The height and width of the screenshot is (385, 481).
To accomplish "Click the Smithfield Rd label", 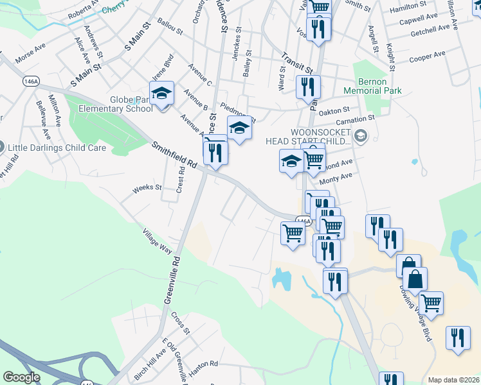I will (176, 156).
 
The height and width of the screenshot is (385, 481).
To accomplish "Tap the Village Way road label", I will (158, 248).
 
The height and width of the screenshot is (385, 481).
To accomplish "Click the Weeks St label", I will (147, 188).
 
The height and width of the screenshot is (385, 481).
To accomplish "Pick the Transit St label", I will (300, 61).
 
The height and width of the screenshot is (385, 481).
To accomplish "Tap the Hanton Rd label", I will (204, 364).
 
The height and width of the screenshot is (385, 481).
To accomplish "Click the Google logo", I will (21, 377).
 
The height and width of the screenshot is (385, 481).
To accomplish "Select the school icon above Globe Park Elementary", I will (162, 94).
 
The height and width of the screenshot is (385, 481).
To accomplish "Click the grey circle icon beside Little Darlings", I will (2, 147).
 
